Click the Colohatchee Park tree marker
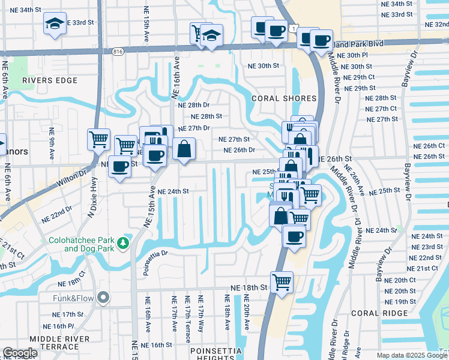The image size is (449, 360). coord(123,242)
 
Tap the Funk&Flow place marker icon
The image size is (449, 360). coord(104,296)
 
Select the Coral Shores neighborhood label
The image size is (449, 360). coord(284,98)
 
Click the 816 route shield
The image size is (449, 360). coord(118,52)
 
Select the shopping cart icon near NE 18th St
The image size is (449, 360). coord(282,280)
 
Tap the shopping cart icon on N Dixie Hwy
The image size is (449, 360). coord(98,139)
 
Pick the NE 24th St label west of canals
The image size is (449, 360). coord(169,191)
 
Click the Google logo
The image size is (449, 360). coord(20,353)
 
